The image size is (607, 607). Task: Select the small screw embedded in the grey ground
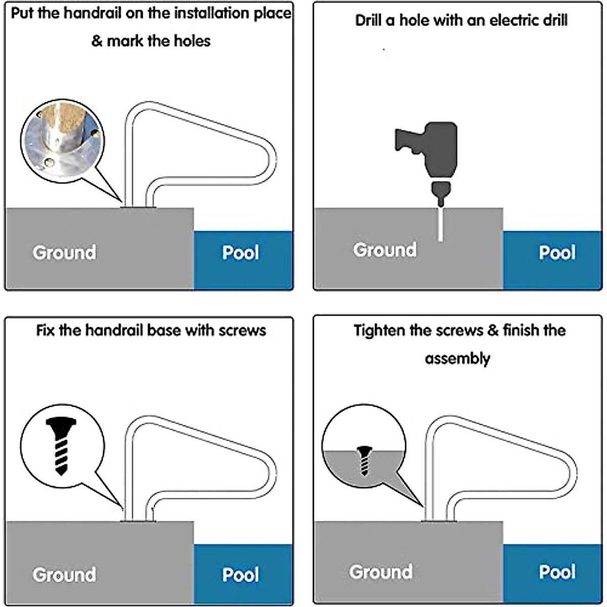(363, 460)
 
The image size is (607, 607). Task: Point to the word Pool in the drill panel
(557, 252)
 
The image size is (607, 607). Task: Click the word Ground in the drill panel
(385, 249)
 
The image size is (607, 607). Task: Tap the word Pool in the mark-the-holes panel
(240, 252)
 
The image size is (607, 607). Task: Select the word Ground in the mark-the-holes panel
(64, 252)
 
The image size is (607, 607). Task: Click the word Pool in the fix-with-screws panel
(240, 575)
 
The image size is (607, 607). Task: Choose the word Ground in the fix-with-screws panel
(64, 575)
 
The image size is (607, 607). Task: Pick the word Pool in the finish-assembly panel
(557, 572)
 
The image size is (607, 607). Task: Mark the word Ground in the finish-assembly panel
(381, 572)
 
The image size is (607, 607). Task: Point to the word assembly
(457, 359)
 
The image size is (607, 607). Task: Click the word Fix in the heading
(46, 331)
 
